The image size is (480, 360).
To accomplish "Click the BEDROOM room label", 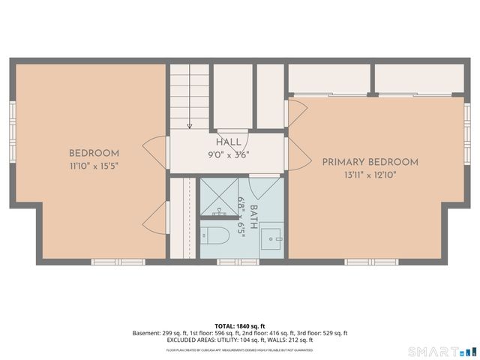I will (x=94, y=153).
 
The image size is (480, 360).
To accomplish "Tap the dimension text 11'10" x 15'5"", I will (x=94, y=165).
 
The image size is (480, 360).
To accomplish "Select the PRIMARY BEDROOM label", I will (x=370, y=162).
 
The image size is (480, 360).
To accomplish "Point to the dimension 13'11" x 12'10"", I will (x=370, y=174).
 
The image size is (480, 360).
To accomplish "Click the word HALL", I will (x=229, y=142).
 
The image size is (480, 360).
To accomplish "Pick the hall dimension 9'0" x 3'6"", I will (x=229, y=154).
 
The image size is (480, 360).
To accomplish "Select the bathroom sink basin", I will (x=271, y=239).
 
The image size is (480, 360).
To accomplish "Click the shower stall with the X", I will (x=219, y=196).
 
